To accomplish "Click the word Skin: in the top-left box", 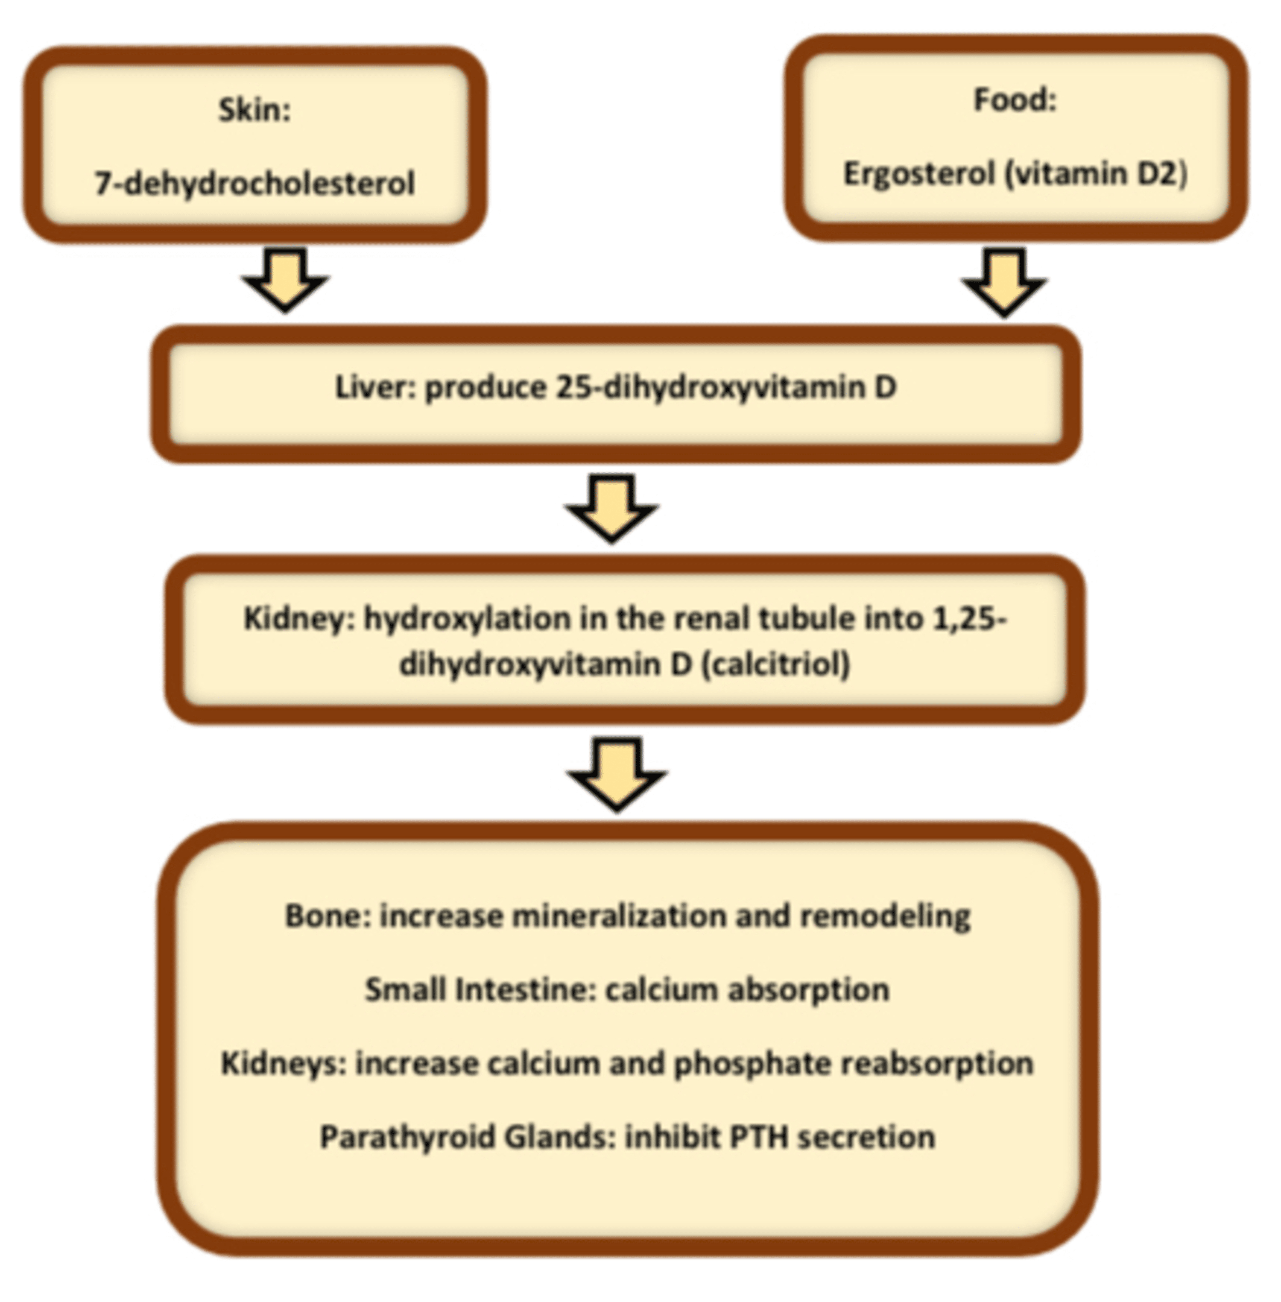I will [254, 110].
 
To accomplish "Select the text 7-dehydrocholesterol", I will [254, 183].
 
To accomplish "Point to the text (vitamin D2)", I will [1096, 174].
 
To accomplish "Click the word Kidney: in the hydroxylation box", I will [299, 618].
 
